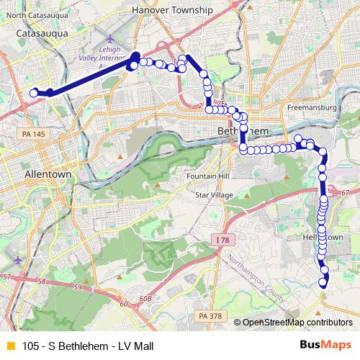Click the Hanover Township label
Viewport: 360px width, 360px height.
(x=173, y=10)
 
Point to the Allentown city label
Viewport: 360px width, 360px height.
(x=48, y=174)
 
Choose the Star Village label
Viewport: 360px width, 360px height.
(x=214, y=195)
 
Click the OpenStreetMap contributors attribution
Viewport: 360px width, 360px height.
(x=297, y=322)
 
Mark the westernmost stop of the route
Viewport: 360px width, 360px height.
(x=34, y=92)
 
